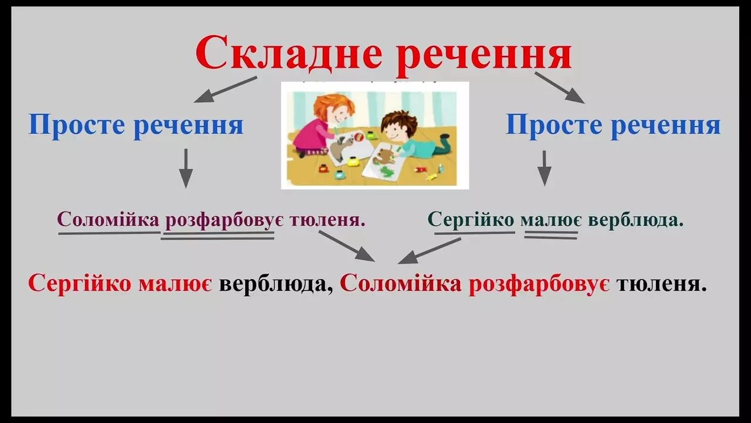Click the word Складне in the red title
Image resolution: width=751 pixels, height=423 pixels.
288,53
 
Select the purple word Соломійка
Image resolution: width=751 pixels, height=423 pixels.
109,220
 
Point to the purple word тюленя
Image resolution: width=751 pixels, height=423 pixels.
327,220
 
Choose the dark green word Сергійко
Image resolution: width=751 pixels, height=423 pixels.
471,220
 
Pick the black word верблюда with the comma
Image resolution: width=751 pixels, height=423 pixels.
276,284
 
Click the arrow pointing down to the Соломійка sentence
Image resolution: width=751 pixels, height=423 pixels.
186,168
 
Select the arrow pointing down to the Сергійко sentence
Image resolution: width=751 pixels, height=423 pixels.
544,168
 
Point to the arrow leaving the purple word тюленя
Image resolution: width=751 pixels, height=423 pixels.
346,246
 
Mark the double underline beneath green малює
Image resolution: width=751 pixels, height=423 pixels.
551,234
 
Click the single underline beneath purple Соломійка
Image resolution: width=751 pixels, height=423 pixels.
109,232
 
